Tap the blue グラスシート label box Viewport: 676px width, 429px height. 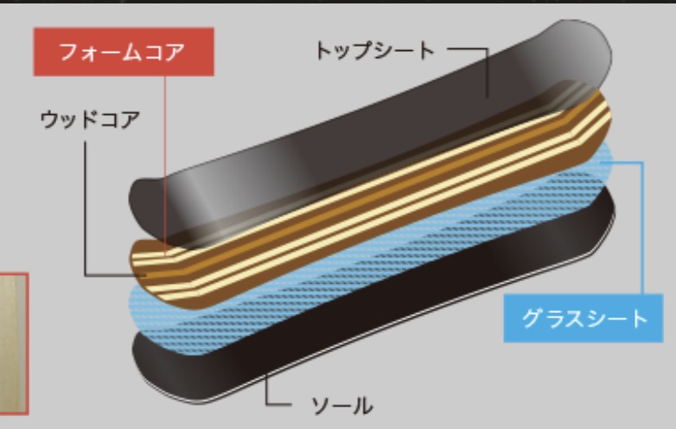(584, 317)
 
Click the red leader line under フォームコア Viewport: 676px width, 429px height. (163, 156)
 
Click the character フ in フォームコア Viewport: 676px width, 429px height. (68, 51)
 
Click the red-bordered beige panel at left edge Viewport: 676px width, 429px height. (13, 343)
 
